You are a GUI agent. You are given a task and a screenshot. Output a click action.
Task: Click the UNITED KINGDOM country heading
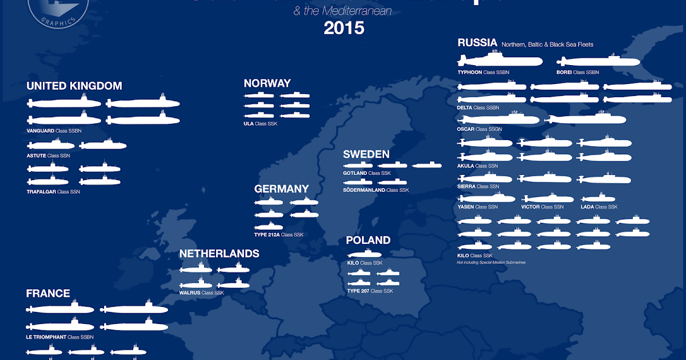pyautogui.click(x=74, y=86)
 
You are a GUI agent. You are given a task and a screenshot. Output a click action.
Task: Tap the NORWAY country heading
pyautogui.click(x=267, y=83)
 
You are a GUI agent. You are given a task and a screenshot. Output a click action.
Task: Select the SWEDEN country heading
pyautogui.click(x=366, y=154)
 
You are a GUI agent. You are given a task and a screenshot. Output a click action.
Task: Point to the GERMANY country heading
pyautogui.click(x=281, y=189)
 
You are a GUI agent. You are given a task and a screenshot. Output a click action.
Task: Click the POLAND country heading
pyautogui.click(x=368, y=241)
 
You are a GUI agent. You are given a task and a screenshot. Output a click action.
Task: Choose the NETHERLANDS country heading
pyautogui.click(x=219, y=254)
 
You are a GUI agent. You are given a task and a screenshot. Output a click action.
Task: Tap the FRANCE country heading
pyautogui.click(x=48, y=294)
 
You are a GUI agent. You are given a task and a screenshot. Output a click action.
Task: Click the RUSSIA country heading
pyautogui.click(x=477, y=43)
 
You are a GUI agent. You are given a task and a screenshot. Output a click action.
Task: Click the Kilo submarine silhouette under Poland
pyautogui.click(x=364, y=254)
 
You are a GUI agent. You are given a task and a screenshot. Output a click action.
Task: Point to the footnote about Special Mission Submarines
pyautogui.click(x=491, y=262)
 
